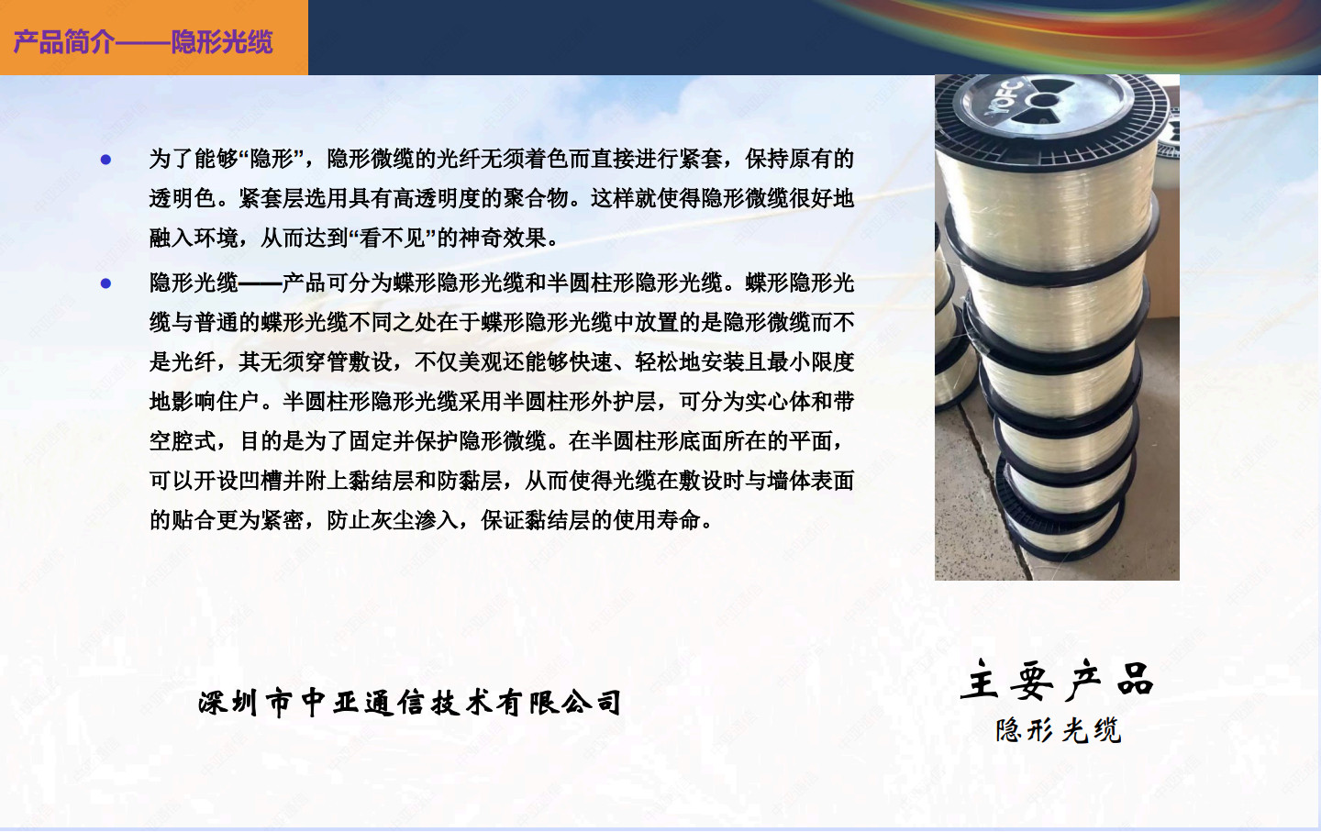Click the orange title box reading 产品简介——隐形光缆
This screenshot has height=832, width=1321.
(x=154, y=37)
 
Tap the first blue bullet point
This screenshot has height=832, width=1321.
(x=106, y=160)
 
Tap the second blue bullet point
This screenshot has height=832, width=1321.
(x=106, y=283)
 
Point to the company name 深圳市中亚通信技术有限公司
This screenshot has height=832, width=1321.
(x=410, y=703)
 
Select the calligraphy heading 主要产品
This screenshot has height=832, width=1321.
(x=1057, y=681)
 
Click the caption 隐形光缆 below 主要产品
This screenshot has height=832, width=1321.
(x=1058, y=730)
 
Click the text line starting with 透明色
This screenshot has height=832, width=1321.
(x=501, y=199)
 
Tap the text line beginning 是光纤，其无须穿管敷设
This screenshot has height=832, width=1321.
(x=501, y=362)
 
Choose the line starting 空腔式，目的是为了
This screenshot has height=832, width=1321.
(x=496, y=441)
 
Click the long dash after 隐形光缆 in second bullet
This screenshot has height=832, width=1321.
(x=260, y=283)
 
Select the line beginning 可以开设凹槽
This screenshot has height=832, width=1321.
(x=501, y=481)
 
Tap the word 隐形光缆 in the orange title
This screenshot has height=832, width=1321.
(x=222, y=42)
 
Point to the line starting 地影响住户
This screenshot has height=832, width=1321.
(x=501, y=402)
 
